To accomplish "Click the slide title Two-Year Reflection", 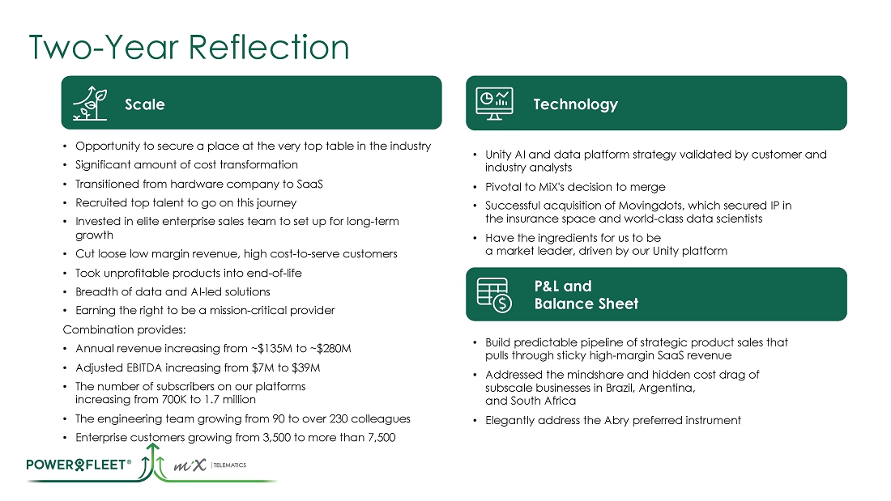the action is pyautogui.click(x=189, y=47).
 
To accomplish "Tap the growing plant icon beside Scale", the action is pyautogui.click(x=90, y=104).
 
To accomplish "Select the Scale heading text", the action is pyautogui.click(x=145, y=104).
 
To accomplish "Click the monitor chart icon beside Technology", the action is pyautogui.click(x=494, y=104).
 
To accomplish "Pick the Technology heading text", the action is pyautogui.click(x=576, y=104).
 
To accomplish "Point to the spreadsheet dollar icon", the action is pyautogui.click(x=494, y=295).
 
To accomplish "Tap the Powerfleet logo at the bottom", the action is pyautogui.click(x=79, y=465).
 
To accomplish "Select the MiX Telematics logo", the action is pyautogui.click(x=210, y=465).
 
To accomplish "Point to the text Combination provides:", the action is pyautogui.click(x=125, y=329).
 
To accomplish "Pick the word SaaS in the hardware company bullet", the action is pyautogui.click(x=309, y=184).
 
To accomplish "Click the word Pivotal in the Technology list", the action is pyautogui.click(x=504, y=187).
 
